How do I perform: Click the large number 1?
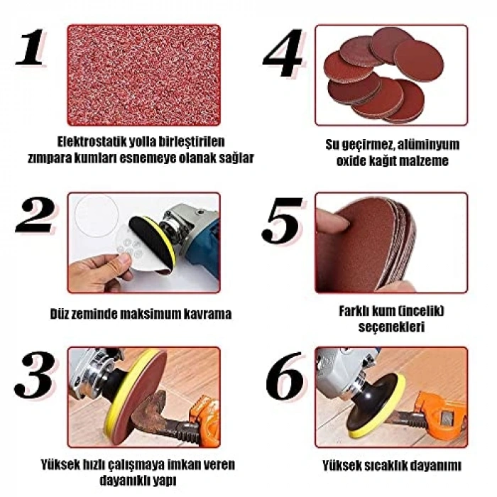point(30,48)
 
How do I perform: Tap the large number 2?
point(35,215)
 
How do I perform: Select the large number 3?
point(34,374)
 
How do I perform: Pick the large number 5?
point(281,221)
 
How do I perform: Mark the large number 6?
point(284,376)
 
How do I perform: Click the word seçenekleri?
point(391,327)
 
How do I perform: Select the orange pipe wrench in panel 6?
point(441,413)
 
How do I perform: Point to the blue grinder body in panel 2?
point(201,247)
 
